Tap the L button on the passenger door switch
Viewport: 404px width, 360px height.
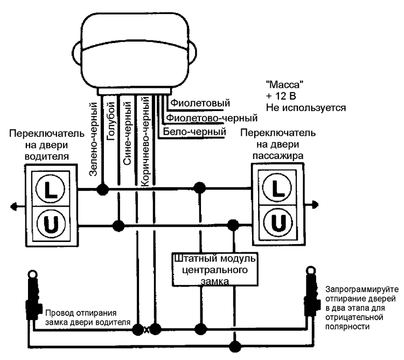[278, 189]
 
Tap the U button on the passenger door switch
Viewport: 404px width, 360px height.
[278, 221]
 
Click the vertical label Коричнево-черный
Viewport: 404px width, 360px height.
[144, 141]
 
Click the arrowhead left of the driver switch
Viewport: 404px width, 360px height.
[12, 206]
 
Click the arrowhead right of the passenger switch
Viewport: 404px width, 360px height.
[316, 204]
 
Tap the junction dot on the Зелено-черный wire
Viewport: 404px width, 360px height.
[101, 189]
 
